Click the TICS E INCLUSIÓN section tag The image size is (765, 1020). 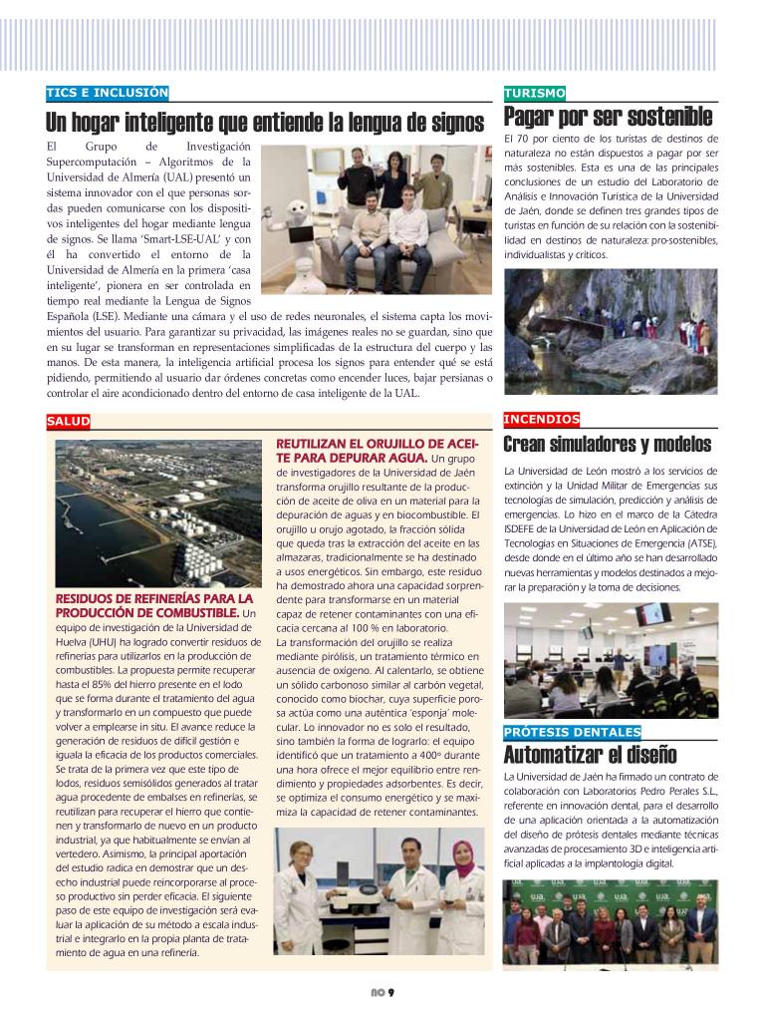point(108,94)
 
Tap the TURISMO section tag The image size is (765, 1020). point(535,94)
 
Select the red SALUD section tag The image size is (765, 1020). point(68,422)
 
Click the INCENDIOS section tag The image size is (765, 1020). point(542,420)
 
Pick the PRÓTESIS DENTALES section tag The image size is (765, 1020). point(572,733)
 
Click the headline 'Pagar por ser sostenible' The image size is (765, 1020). point(608,118)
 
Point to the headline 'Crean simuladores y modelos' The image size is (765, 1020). point(607,444)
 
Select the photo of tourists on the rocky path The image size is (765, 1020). point(611,331)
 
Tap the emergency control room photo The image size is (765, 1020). point(611,660)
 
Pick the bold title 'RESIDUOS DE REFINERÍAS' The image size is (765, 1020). point(155,605)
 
